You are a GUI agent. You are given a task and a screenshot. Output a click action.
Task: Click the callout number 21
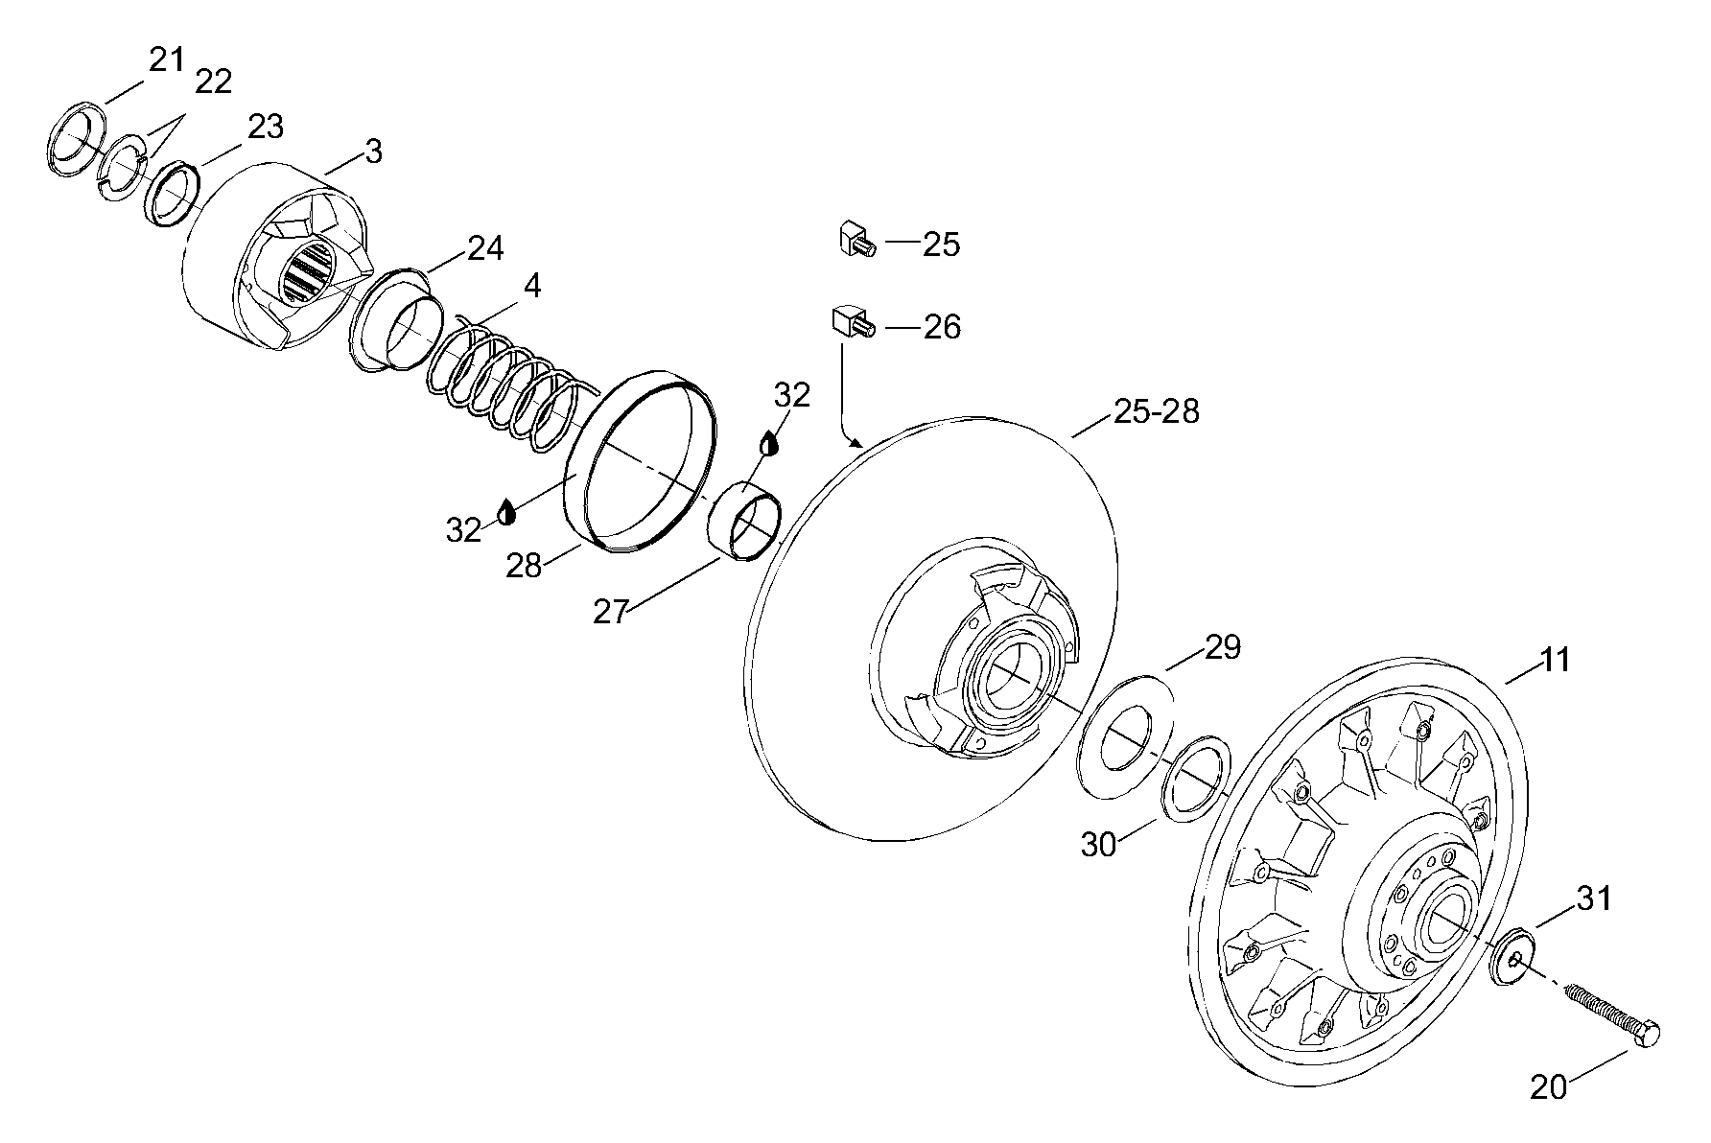(x=165, y=59)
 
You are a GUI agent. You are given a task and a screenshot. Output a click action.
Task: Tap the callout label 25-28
(x=1156, y=411)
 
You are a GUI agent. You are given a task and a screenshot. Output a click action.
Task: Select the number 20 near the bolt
(x=1548, y=1086)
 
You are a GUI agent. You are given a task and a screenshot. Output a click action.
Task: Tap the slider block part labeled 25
(x=853, y=238)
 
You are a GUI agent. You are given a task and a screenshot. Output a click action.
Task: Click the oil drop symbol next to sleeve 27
(x=769, y=444)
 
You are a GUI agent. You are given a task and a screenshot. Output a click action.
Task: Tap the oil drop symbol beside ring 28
(x=505, y=511)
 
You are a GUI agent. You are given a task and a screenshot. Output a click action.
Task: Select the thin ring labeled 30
(x=1196, y=777)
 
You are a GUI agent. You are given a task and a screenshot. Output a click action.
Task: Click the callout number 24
(x=485, y=248)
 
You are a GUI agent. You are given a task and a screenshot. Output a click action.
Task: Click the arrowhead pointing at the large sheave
(x=857, y=444)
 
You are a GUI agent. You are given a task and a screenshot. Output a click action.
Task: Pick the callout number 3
(x=374, y=152)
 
